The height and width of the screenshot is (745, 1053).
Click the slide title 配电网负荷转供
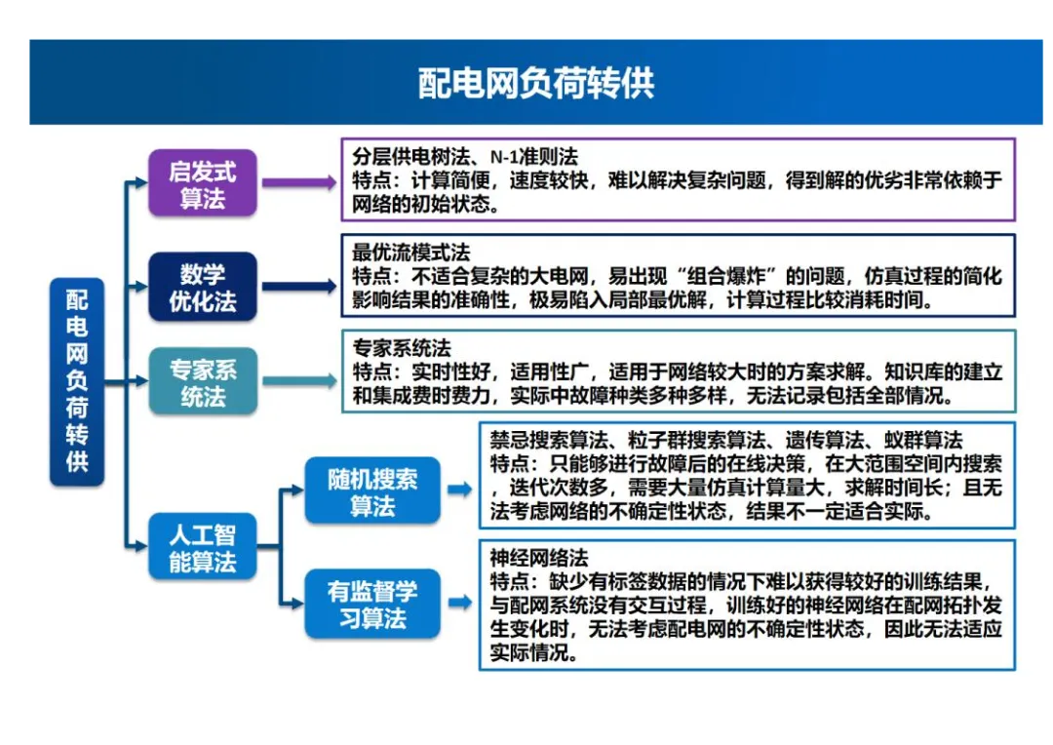(x=535, y=83)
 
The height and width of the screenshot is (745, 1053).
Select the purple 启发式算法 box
(x=202, y=183)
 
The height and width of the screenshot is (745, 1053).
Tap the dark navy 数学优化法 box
(x=202, y=287)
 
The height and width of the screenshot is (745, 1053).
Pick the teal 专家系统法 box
(x=202, y=382)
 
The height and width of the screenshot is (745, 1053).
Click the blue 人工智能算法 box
(x=202, y=547)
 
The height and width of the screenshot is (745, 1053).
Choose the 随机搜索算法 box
(x=371, y=491)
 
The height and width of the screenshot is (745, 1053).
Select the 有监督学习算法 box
(x=371, y=605)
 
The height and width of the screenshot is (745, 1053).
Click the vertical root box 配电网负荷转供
(x=77, y=380)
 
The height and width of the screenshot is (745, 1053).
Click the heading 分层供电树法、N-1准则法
(x=465, y=156)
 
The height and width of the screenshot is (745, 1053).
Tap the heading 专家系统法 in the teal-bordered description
(x=402, y=348)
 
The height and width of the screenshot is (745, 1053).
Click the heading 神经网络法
(x=539, y=559)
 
